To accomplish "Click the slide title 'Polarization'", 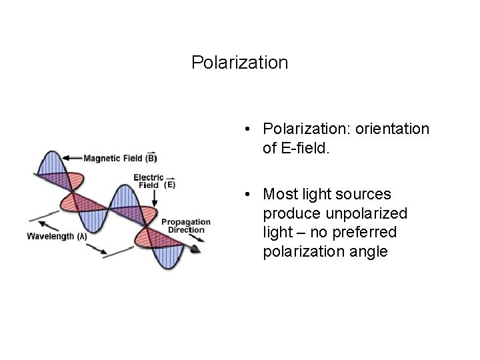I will [x=239, y=63].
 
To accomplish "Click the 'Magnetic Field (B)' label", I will [x=120, y=158].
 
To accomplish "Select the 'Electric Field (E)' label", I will [x=154, y=181].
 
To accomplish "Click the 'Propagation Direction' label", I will [x=186, y=225].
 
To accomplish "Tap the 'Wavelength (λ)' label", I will [x=57, y=236].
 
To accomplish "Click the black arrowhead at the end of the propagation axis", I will [x=195, y=249].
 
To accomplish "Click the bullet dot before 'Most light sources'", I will [x=247, y=195].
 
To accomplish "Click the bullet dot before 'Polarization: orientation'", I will [x=247, y=129].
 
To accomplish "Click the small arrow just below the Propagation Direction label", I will [x=189, y=237].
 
